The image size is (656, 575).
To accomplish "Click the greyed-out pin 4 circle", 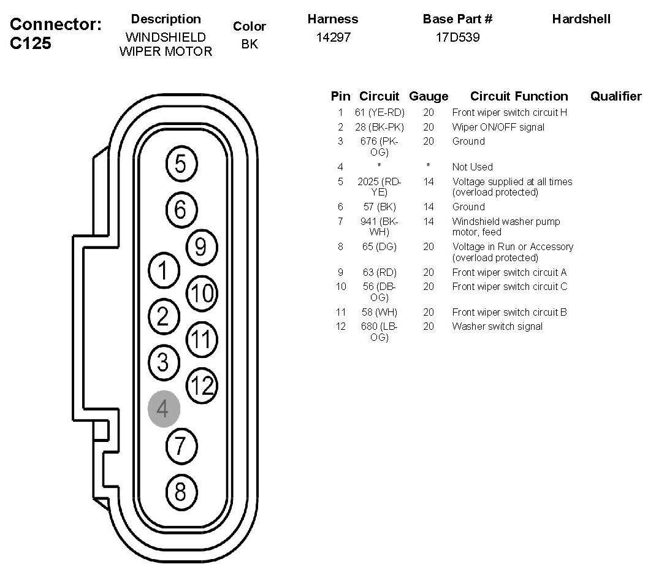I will coord(164,408).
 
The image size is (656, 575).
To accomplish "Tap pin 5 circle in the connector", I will coord(180,164).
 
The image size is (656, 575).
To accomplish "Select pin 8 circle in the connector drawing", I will coord(180,491).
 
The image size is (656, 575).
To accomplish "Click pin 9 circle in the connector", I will coord(200,246).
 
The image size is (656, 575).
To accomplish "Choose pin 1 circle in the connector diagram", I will coord(163,270).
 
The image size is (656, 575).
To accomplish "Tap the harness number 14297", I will coord(333,37).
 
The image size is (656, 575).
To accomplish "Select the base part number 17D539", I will coord(457,37).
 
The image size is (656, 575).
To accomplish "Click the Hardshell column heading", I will coord(581,19).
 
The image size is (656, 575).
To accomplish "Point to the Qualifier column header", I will coord(616,96).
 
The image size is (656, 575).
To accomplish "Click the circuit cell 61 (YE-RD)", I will coord(379,113).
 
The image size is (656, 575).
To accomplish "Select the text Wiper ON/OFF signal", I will coord(498,127).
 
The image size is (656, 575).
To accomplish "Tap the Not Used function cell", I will coord(472,167).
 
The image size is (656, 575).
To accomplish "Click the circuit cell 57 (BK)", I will coord(379,207).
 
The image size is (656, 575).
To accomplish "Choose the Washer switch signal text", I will coord(497,326).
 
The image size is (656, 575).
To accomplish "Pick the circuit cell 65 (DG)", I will coord(379,246).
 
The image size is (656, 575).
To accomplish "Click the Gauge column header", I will coord(429,96).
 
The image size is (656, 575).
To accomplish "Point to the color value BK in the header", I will coord(250,44).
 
